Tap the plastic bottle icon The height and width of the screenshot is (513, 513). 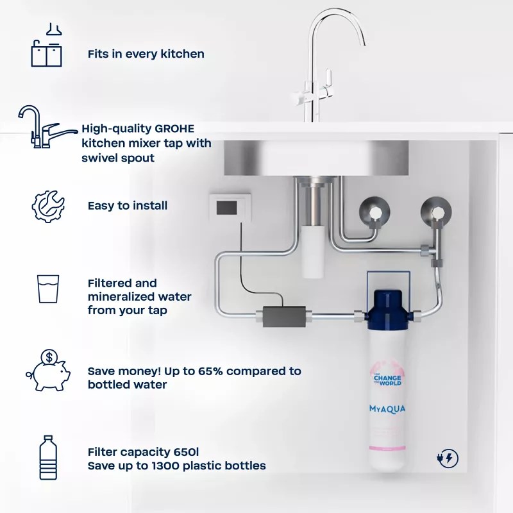pos(48,458)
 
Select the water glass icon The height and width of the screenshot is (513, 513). pos(48,289)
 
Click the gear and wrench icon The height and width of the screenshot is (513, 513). pos(48,206)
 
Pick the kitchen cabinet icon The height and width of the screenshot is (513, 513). pos(46,45)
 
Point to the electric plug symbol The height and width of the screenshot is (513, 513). pos(447,458)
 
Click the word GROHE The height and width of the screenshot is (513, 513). pos(174,129)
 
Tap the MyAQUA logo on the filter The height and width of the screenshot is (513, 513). pos(387,409)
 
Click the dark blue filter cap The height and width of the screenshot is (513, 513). pos(388,310)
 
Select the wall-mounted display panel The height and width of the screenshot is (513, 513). pos(230,207)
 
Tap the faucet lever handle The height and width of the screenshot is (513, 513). pos(330,78)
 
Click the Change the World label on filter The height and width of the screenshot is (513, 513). pos(388,380)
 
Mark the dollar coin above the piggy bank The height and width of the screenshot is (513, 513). pos(49,357)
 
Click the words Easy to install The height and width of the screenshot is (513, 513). pos(128,206)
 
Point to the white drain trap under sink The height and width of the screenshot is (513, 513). pos(312,251)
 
